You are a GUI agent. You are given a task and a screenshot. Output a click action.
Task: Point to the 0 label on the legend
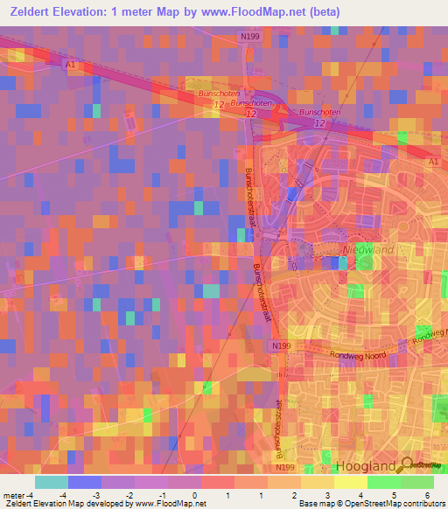coord(194,495)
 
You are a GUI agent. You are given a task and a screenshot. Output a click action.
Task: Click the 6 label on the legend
coord(427,495)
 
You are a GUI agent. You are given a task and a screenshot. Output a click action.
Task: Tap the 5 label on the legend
coord(394,495)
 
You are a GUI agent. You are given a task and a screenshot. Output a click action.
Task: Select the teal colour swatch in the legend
coord(52,482)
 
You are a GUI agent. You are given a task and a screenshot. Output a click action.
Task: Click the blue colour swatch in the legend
coord(85,482)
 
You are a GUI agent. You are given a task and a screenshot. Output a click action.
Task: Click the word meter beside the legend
coord(13,495)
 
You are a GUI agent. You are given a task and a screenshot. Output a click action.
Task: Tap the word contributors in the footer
coord(423,504)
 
